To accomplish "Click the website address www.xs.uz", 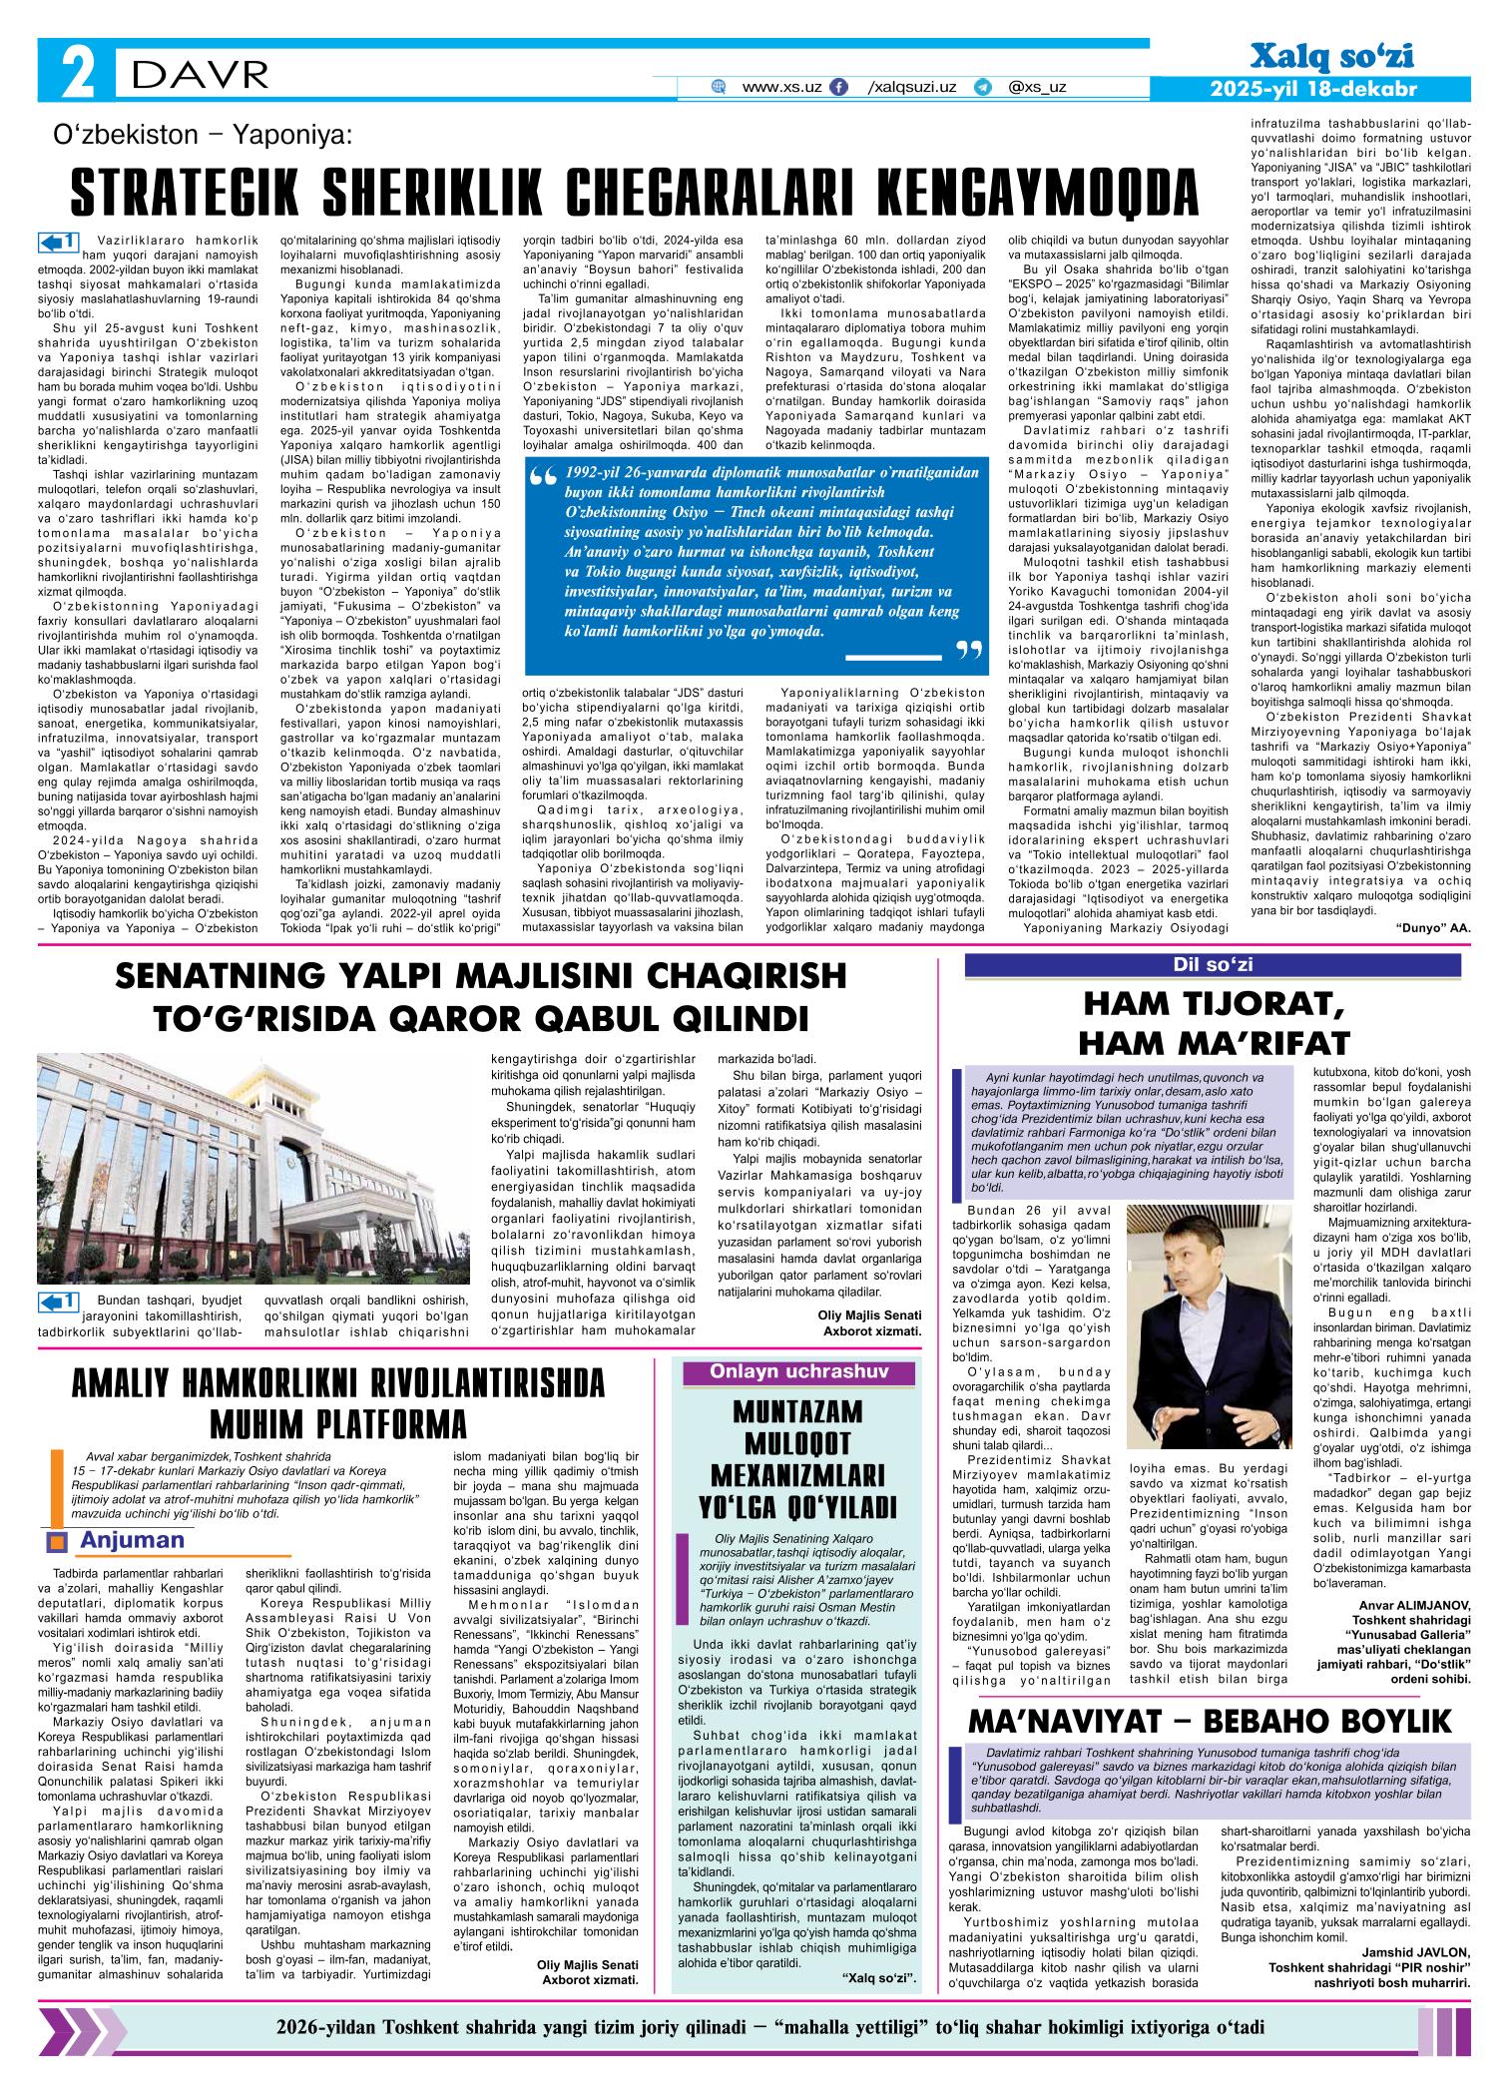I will coord(781,88).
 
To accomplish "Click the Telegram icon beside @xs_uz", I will coord(983,88).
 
